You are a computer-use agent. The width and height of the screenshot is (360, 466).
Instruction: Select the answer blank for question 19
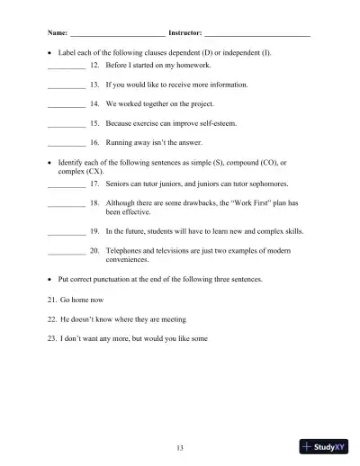(x=66, y=233)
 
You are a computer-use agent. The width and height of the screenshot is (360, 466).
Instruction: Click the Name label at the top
(x=58, y=32)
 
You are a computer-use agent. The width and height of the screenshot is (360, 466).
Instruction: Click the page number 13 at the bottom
(x=180, y=447)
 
